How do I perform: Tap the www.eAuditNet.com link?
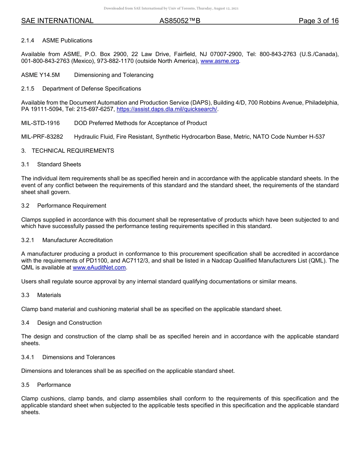click(x=99, y=267)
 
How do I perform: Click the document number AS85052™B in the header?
click(x=180, y=21)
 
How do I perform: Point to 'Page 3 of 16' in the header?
click(x=318, y=21)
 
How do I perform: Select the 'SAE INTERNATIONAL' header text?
click(x=57, y=21)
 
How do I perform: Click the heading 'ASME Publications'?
click(x=67, y=41)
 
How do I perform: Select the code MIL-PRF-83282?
click(x=42, y=137)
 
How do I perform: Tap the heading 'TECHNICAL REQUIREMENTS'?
click(x=73, y=151)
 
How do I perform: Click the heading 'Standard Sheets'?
click(x=59, y=164)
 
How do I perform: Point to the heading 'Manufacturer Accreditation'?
click(x=77, y=240)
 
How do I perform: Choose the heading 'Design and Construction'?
click(x=69, y=323)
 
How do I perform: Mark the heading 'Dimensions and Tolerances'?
click(x=78, y=357)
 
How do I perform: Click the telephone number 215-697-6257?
click(x=97, y=109)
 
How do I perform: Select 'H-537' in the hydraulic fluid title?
click(x=317, y=137)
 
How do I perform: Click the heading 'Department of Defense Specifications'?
click(x=91, y=89)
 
